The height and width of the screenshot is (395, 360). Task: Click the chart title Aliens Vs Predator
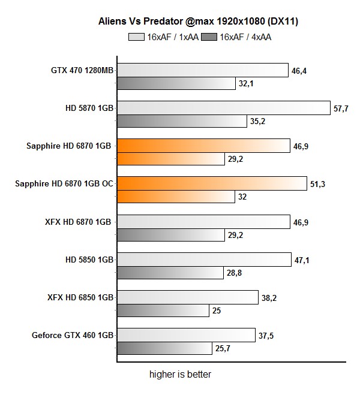pyautogui.click(x=198, y=22)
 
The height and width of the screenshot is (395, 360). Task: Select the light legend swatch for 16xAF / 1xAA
pyautogui.click(x=137, y=37)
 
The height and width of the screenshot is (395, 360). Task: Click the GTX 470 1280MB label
pyautogui.click(x=82, y=71)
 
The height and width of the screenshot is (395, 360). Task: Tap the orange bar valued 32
pyautogui.click(x=176, y=197)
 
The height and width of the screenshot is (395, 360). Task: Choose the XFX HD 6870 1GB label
pyautogui.click(x=79, y=222)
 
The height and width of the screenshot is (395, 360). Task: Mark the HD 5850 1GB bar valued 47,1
pyautogui.click(x=204, y=260)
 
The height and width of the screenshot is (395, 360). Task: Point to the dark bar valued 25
pyautogui.click(x=163, y=310)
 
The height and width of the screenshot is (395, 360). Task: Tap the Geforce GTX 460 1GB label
pyautogui.click(x=73, y=335)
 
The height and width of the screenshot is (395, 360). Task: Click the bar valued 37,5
pyautogui.click(x=186, y=335)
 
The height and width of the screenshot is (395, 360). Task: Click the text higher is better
pyautogui.click(x=180, y=375)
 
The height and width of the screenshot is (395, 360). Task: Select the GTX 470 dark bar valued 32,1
pyautogui.click(x=176, y=83)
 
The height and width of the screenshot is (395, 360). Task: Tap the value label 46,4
pyautogui.click(x=299, y=71)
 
